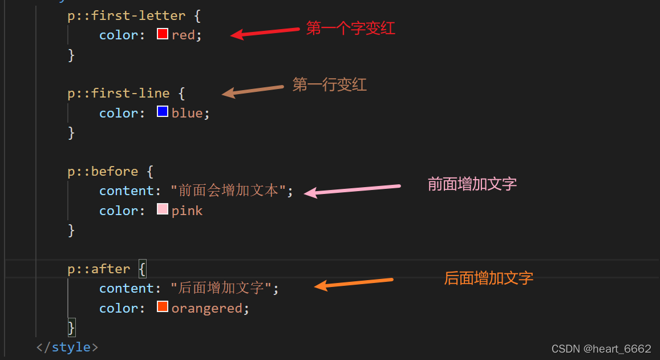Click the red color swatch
(163, 34)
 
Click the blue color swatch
(163, 112)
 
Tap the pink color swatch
(163, 209)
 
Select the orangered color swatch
(163, 307)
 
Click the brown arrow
(253, 90)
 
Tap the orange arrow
(354, 283)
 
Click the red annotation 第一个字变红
(351, 29)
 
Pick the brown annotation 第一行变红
(330, 85)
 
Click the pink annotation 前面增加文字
(472, 184)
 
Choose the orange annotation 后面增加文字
(489, 278)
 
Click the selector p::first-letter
(127, 15)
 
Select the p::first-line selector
(119, 93)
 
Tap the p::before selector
(103, 171)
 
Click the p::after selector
(99, 269)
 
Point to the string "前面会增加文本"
(228, 191)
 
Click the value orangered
(207, 309)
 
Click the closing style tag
(67, 347)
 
